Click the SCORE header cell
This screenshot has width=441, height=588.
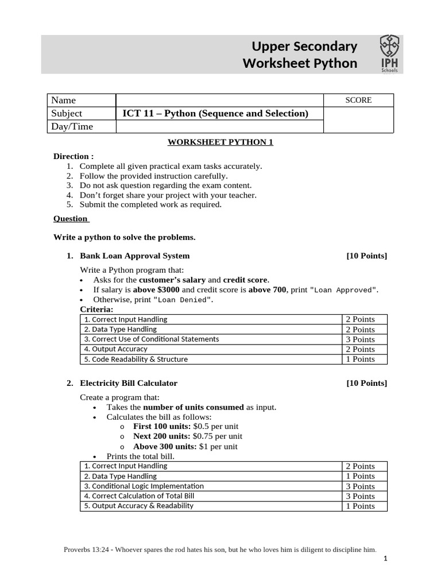pyautogui.click(x=358, y=100)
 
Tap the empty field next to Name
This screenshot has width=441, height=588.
pyautogui.click(x=220, y=100)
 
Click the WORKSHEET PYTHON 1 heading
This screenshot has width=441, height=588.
pyautogui.click(x=220, y=142)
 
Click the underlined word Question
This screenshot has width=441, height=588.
pyautogui.click(x=70, y=218)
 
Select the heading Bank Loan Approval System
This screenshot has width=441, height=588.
pyautogui.click(x=134, y=256)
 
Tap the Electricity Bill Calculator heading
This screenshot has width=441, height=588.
pyautogui.click(x=129, y=383)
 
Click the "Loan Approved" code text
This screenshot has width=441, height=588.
pyautogui.click(x=343, y=290)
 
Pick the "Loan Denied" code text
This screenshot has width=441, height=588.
pyautogui.click(x=185, y=300)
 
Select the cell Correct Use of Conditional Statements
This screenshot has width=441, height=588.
pyautogui.click(x=152, y=339)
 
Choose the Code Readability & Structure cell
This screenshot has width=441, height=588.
pyautogui.click(x=136, y=359)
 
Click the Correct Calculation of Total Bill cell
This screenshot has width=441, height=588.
pyautogui.click(x=140, y=496)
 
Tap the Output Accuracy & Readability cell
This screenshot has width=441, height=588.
pyautogui.click(x=139, y=506)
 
